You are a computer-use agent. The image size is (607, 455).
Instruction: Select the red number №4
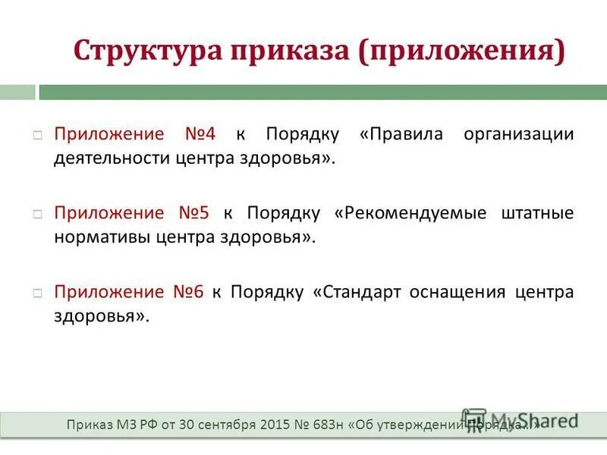point(200,134)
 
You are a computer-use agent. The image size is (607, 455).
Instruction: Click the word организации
point(520,134)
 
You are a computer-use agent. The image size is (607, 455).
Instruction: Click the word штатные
point(538,213)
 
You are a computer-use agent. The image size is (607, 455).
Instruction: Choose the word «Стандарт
point(354,292)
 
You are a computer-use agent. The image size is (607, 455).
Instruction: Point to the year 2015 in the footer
point(275,425)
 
